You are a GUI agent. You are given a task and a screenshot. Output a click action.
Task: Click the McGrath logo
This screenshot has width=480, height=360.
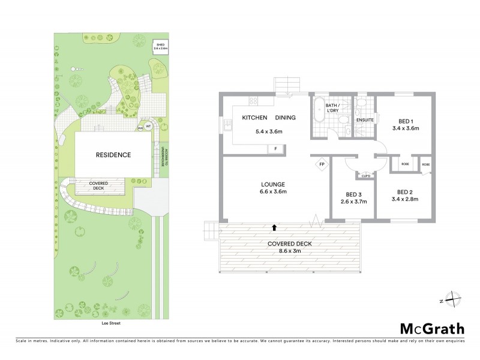point(431,328)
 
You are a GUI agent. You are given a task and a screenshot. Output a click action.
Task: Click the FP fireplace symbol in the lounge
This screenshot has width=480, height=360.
point(322,164)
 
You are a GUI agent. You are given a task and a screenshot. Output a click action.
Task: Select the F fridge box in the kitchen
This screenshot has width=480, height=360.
point(275,148)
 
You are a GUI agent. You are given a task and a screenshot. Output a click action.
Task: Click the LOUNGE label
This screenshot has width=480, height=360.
point(272,184)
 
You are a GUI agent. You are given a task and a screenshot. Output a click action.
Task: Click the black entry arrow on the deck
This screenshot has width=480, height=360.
point(275,227)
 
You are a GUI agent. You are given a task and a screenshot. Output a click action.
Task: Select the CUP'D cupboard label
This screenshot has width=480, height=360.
point(365,176)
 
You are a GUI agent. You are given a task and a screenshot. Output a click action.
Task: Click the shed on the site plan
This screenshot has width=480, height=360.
point(160,46)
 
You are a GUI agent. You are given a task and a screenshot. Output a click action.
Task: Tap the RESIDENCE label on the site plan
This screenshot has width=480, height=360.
point(113,155)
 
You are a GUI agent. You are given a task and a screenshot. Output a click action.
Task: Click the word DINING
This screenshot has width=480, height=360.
point(286,118)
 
